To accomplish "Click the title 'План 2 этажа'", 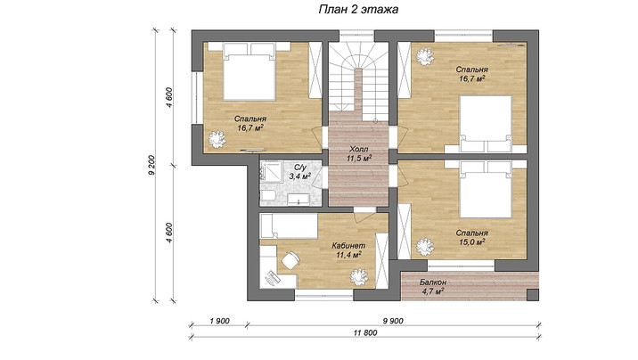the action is pyautogui.click(x=358, y=10).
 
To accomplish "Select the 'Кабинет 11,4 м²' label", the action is pyautogui.click(x=348, y=250).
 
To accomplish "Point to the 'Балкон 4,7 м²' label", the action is pyautogui.click(x=433, y=286).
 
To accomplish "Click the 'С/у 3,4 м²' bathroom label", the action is pyautogui.click(x=300, y=172).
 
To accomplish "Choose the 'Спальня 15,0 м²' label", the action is pyautogui.click(x=471, y=238).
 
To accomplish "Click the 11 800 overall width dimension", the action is pyautogui.click(x=365, y=332).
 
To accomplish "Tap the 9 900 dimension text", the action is pyautogui.click(x=393, y=321).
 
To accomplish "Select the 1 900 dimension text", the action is pyautogui.click(x=219, y=321).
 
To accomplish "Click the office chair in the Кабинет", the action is pyautogui.click(x=290, y=260).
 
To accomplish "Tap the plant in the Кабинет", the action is pyautogui.click(x=359, y=276).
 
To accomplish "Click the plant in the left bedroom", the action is pyautogui.click(x=217, y=139).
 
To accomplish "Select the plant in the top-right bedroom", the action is pyautogui.click(x=425, y=56).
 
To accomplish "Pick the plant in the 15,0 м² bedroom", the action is pyautogui.click(x=425, y=247).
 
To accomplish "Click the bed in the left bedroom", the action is pyautogui.click(x=249, y=71).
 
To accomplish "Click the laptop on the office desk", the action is pyautogui.click(x=272, y=277).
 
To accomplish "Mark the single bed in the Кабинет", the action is pyautogui.click(x=289, y=226).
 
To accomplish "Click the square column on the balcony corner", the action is pyautogui.click(x=533, y=295).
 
